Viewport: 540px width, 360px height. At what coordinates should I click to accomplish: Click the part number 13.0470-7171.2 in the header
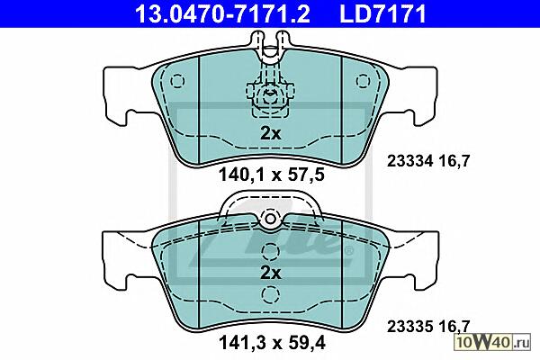pyautogui.click(x=222, y=13)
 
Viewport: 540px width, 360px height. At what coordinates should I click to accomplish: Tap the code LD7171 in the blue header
pyautogui.click(x=383, y=13)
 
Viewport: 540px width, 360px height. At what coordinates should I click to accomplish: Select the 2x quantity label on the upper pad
pyautogui.click(x=271, y=133)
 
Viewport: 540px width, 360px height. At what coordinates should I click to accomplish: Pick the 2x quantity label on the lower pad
pyautogui.click(x=271, y=273)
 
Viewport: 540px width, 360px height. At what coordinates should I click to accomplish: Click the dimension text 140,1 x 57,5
pyautogui.click(x=272, y=175)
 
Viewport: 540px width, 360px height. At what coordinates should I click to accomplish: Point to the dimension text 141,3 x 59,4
pyautogui.click(x=272, y=343)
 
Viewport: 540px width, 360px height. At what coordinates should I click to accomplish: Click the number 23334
pyautogui.click(x=409, y=161)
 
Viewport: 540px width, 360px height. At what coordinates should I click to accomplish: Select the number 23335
pyautogui.click(x=409, y=326)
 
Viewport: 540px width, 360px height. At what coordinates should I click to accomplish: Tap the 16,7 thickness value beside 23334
pyautogui.click(x=454, y=161)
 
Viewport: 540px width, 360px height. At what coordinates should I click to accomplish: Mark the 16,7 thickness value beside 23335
pyautogui.click(x=454, y=326)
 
